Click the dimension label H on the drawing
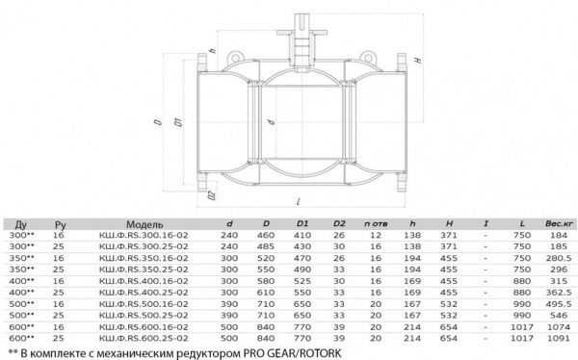(418, 60)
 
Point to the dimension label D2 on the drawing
(212, 195)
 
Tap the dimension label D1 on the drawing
(178, 122)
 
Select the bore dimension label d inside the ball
(272, 121)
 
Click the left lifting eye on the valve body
(234, 58)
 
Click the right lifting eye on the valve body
(367, 57)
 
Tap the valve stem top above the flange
(302, 22)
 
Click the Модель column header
(144, 224)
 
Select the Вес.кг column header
(559, 223)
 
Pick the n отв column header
(376, 223)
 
